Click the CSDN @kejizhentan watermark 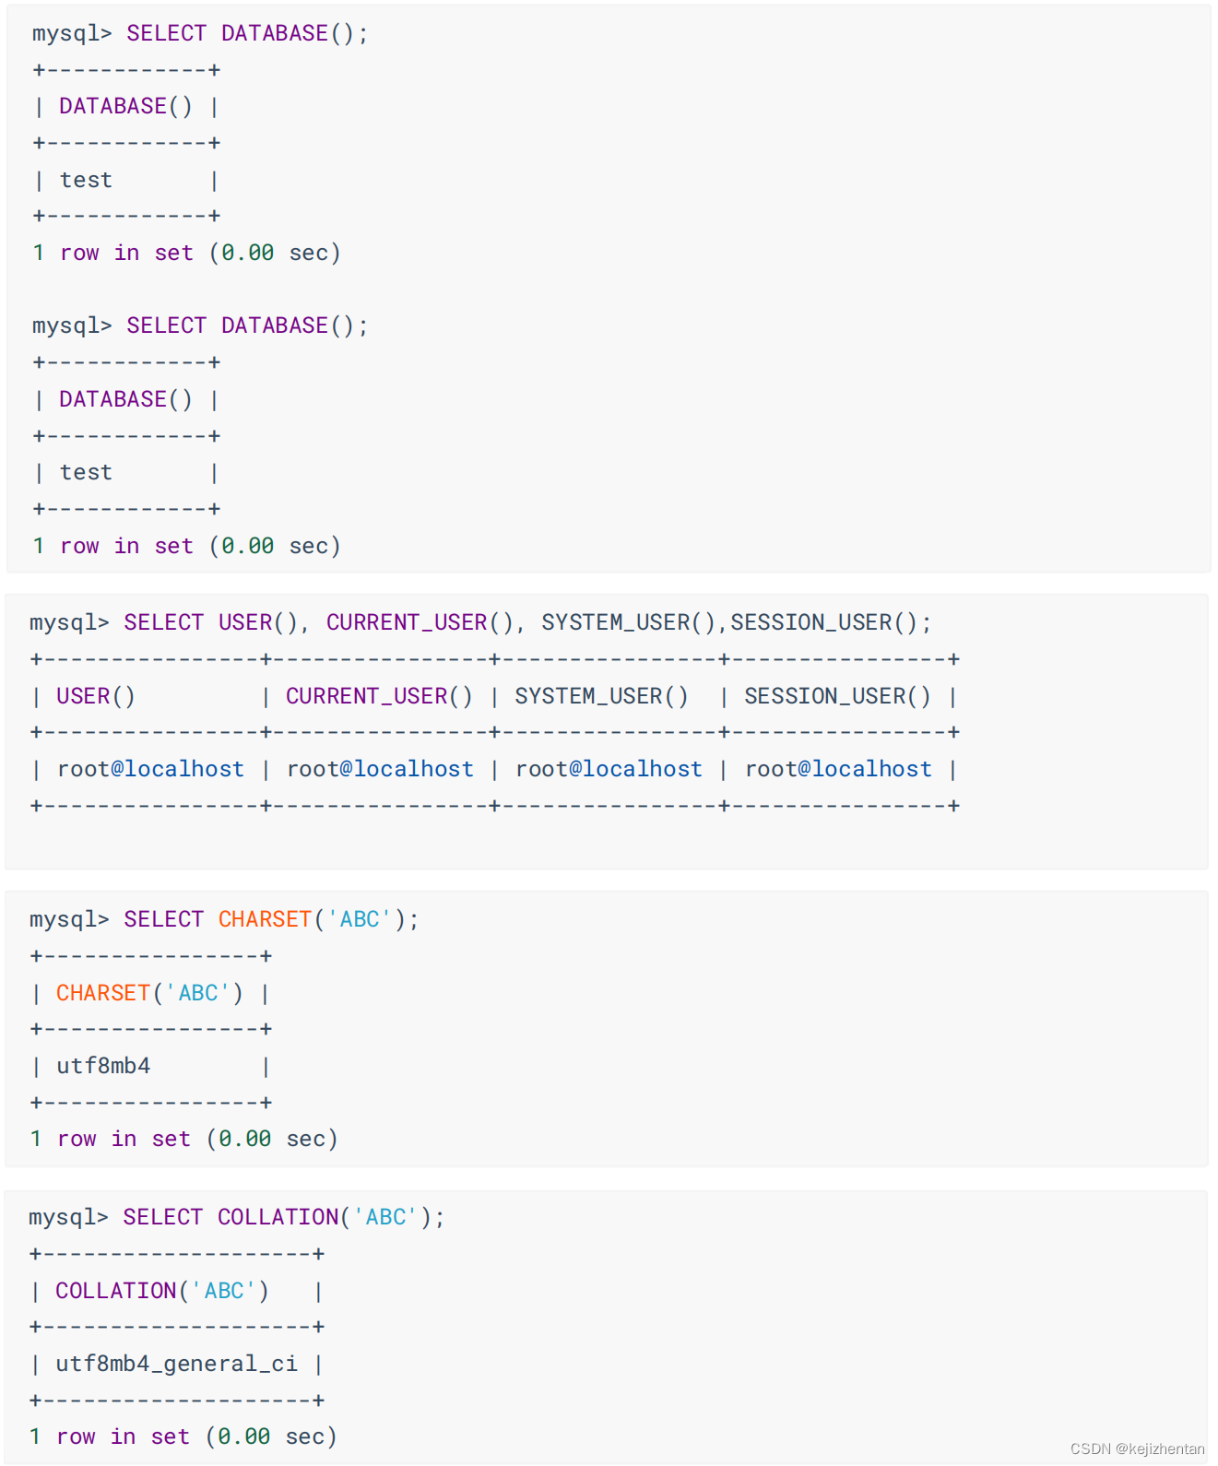pos(1137,1448)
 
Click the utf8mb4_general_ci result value pos(176,1364)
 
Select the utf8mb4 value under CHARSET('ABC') pos(103,1066)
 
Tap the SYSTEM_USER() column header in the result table pos(601,696)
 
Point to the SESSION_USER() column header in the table pos(837,696)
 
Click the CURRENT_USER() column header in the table pos(379,696)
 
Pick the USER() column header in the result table pos(96,696)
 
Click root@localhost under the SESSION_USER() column pos(838,769)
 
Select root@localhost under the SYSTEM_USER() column pos(609,769)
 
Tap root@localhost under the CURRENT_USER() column pos(380,769)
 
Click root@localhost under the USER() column pos(150,769)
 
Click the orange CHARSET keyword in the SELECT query pos(265,919)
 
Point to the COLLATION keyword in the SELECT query pos(278,1217)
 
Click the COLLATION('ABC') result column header pos(161,1291)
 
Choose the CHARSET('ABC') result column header pos(149,993)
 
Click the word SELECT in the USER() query pos(163,622)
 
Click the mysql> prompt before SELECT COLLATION pos(68,1217)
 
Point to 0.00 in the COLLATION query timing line pos(244,1436)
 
